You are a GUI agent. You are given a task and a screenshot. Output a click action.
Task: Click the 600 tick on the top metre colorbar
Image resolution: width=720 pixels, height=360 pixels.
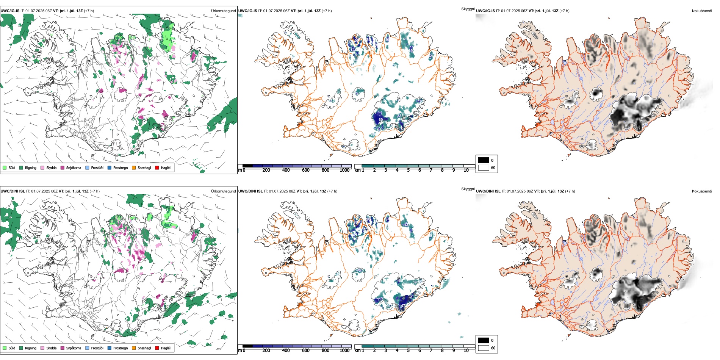[x=306, y=170]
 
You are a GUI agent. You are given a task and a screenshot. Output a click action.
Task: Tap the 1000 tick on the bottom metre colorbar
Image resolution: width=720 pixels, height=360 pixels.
[x=344, y=351]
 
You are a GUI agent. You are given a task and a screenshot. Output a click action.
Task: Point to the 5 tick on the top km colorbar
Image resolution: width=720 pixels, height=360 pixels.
[x=409, y=170]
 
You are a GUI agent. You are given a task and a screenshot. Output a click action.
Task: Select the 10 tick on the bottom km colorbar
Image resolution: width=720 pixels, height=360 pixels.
[x=466, y=351]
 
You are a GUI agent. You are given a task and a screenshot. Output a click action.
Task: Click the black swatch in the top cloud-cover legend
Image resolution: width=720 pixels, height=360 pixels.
[x=484, y=160]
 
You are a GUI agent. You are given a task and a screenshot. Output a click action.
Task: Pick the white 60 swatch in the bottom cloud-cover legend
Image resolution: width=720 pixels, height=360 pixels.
[x=484, y=348]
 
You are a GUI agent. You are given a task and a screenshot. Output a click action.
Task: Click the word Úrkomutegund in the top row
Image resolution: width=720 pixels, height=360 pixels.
[x=223, y=11]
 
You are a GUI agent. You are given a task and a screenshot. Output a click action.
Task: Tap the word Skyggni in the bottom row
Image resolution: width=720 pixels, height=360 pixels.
[x=468, y=189]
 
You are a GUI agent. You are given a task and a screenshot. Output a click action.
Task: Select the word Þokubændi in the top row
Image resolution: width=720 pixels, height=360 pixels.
[x=702, y=11]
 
